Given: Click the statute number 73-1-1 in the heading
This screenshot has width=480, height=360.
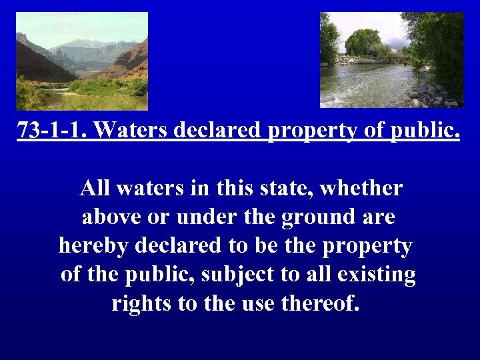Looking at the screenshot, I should click(x=53, y=130).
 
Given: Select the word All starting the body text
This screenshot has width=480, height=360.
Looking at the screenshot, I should click(x=95, y=189).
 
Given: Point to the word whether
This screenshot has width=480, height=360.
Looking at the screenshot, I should click(x=361, y=189).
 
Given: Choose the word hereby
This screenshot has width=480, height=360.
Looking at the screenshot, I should click(x=94, y=246).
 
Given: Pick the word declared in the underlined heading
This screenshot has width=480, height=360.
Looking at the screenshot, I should click(x=217, y=130).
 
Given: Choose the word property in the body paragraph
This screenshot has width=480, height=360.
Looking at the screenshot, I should click(x=367, y=246).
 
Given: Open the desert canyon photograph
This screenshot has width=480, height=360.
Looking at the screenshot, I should click(x=81, y=61).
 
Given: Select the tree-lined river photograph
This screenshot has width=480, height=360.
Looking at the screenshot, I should click(x=392, y=60).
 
